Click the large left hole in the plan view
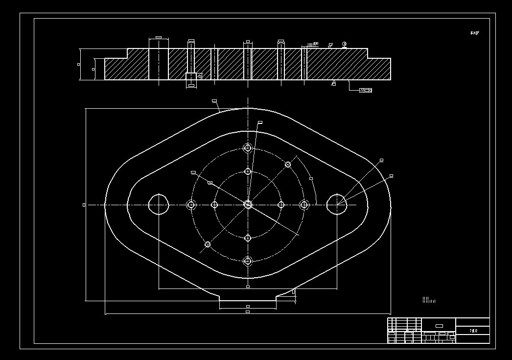[x=159, y=204]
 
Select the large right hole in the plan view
[x=337, y=204]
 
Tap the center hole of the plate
[x=248, y=205]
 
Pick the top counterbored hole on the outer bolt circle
[x=248, y=148]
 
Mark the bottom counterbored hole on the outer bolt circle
[x=248, y=261]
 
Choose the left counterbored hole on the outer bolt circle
[x=191, y=205]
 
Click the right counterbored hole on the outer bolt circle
[x=304, y=205]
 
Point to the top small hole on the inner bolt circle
[x=248, y=171]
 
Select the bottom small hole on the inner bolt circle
[x=248, y=238]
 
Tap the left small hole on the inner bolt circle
[x=214, y=205]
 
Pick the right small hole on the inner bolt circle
[x=281, y=205]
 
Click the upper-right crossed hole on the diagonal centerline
[x=288, y=165]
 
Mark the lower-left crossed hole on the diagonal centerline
[x=208, y=244]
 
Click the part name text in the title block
[x=473, y=331]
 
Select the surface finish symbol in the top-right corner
[x=474, y=33]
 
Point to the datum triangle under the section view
[x=334, y=83]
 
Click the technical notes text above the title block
[x=428, y=300]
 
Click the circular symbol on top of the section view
[x=345, y=45]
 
